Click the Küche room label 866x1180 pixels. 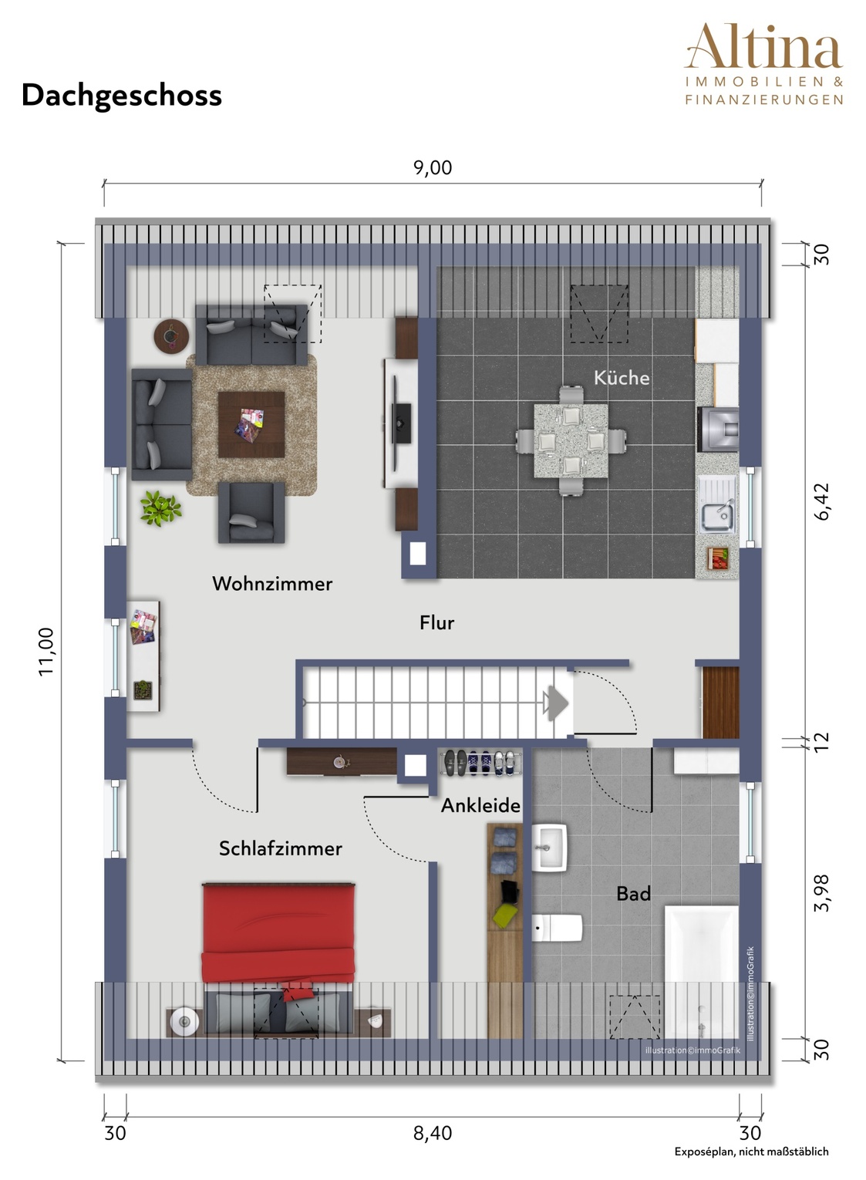tap(622, 377)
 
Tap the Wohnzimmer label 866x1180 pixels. tap(271, 583)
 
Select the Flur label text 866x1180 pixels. tap(436, 622)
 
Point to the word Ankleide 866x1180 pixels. tap(480, 805)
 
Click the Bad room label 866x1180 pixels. tap(633, 893)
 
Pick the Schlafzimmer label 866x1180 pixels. tap(280, 848)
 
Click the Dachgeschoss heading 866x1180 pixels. tap(122, 96)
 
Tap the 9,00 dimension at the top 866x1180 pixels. tap(433, 167)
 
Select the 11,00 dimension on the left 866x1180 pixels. tap(46, 651)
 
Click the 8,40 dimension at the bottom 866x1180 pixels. tap(433, 1133)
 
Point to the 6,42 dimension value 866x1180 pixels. tap(821, 501)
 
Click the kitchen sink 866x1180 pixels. tap(717, 511)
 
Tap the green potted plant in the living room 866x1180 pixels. tap(160, 508)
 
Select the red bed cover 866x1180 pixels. tap(278, 933)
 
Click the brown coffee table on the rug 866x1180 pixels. tap(251, 425)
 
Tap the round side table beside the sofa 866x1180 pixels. tap(171, 336)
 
